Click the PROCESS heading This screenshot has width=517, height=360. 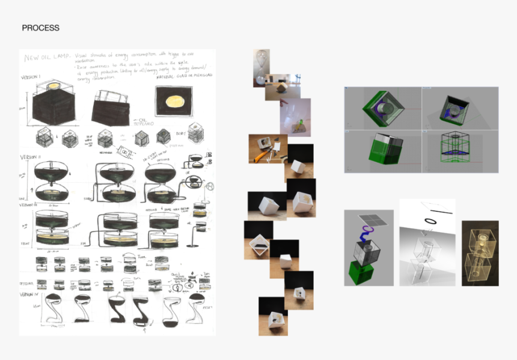pyautogui.click(x=40, y=28)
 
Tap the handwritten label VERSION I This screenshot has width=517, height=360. pyautogui.click(x=31, y=78)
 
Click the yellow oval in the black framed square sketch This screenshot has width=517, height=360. pyautogui.click(x=173, y=100)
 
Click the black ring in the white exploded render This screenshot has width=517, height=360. pyautogui.click(x=431, y=221)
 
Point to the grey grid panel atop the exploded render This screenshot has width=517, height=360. pyautogui.click(x=367, y=218)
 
